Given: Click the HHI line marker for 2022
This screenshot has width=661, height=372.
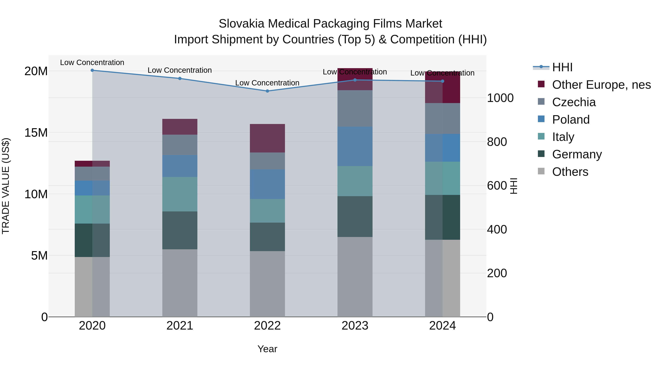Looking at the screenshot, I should coord(267,91).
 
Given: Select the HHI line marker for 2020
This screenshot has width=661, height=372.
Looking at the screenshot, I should coord(92,70).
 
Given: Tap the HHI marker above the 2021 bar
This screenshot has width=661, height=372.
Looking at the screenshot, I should coord(180,79).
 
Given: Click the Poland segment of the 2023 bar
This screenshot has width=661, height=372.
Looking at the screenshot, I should coord(355,146).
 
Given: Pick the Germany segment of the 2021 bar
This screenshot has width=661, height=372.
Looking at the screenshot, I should coord(180,230).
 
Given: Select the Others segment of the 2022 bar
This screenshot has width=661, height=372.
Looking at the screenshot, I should coord(267,284).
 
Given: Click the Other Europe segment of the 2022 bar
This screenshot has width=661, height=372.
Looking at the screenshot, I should coord(267,138).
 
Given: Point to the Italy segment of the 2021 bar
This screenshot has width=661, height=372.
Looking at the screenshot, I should coord(180,194).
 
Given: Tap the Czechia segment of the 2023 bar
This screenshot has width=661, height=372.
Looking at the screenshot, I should coord(355,108).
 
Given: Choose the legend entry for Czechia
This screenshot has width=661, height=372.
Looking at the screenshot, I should coord(574,102).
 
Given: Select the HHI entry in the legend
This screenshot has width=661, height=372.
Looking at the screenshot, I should coord(562,67).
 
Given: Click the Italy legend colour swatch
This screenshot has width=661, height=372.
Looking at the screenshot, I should coord(541,136).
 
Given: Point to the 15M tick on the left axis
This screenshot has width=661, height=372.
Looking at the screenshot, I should coord(36,133).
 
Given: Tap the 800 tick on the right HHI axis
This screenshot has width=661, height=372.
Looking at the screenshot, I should coord(497,142).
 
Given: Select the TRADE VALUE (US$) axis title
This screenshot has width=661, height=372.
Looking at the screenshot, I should coord(6,186).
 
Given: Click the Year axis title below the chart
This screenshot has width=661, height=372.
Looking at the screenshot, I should coord(267,349).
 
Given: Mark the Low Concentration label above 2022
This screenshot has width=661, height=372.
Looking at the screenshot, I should coord(267,83).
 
